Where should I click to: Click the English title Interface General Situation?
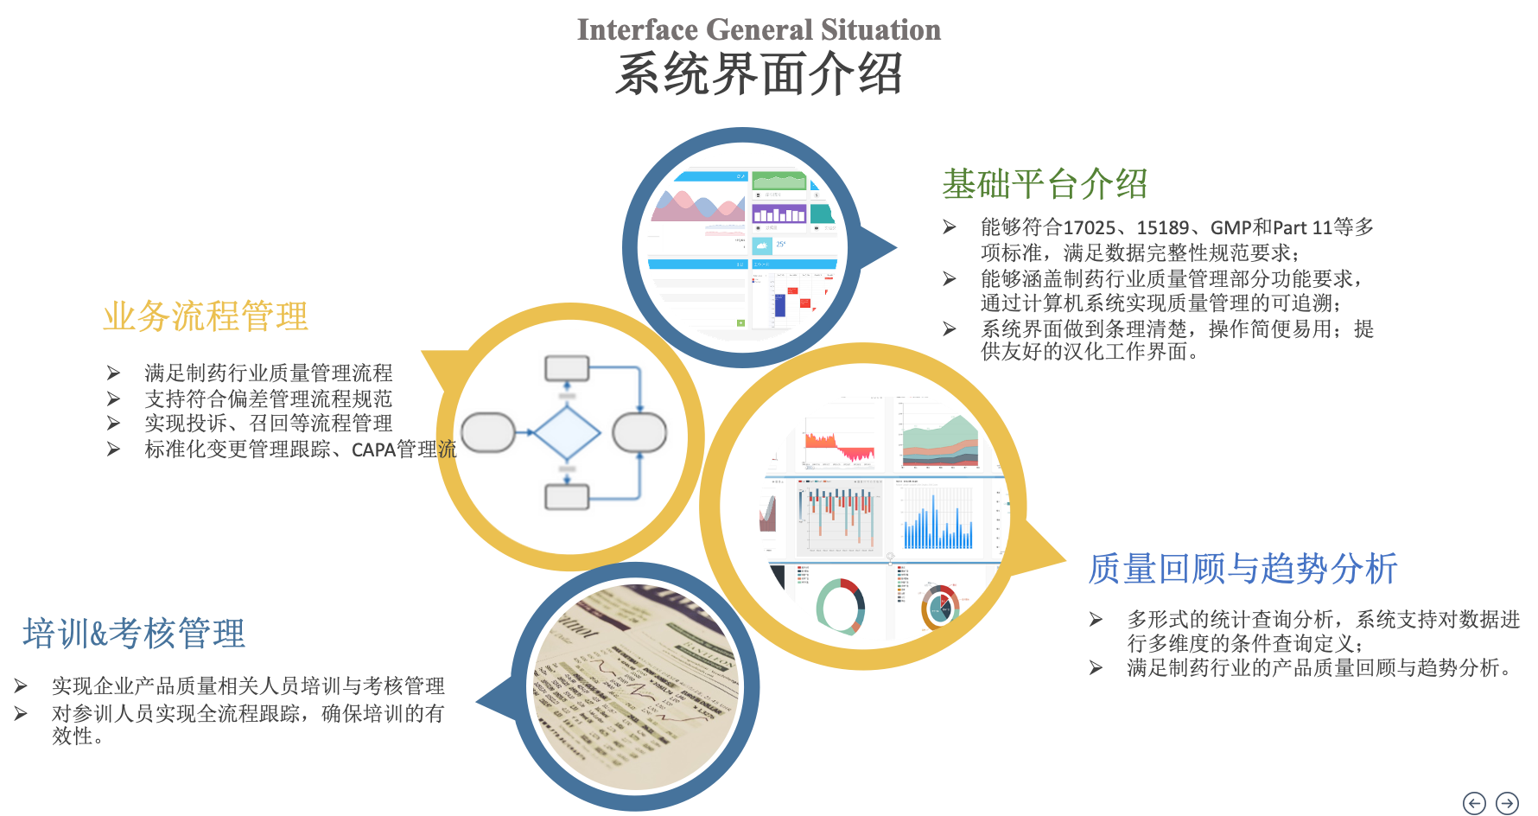[759, 30]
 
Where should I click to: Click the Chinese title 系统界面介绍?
[759, 74]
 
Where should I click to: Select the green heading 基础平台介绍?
[1044, 184]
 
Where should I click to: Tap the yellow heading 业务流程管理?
[206, 316]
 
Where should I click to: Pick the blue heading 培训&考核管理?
[134, 634]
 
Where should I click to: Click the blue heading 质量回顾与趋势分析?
[1242, 569]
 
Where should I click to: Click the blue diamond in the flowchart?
[567, 433]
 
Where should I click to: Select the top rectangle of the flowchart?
[567, 368]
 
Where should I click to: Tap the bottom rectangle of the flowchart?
[567, 497]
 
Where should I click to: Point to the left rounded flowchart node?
[488, 433]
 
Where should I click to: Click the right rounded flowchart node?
[639, 433]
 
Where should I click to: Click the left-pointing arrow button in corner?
[1474, 803]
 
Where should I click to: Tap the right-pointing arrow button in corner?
[1507, 803]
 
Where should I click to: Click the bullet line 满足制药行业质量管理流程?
[268, 373]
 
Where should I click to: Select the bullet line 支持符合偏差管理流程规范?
[268, 398]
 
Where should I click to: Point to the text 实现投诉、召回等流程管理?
[268, 424]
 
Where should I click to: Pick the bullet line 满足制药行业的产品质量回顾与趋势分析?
[1318, 668]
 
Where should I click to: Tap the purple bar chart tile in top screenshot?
[779, 214]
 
